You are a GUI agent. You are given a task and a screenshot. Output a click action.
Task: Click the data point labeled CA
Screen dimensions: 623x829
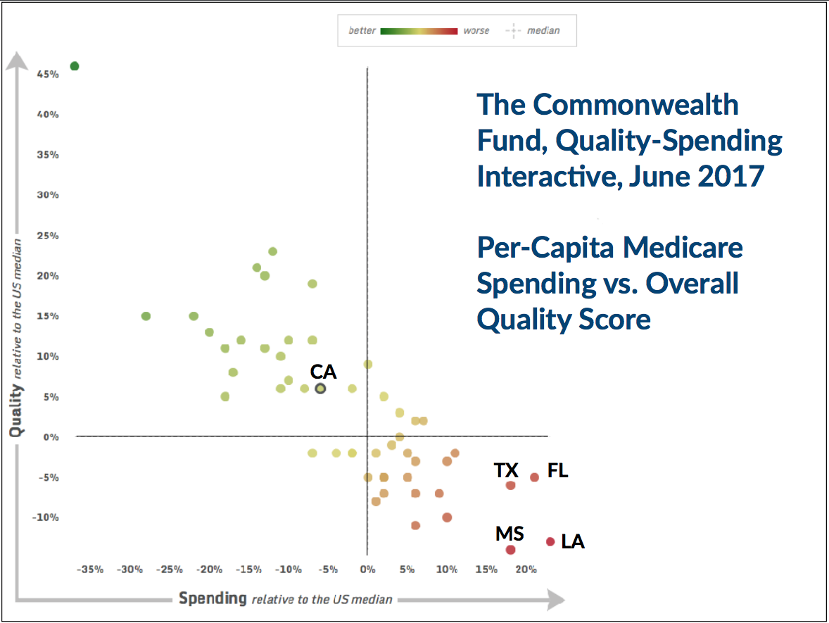(x=320, y=388)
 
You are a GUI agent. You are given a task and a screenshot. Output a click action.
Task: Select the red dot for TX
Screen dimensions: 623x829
(x=511, y=485)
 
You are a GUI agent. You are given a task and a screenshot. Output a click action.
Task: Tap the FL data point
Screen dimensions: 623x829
(x=535, y=477)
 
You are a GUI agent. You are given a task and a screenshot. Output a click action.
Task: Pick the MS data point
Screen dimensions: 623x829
(x=511, y=550)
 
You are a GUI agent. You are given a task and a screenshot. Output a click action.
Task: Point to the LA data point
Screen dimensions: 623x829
(x=550, y=541)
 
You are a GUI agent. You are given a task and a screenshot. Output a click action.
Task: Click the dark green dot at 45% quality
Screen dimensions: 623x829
(x=75, y=66)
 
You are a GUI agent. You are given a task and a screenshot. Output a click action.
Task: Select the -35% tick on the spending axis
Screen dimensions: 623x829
(x=90, y=569)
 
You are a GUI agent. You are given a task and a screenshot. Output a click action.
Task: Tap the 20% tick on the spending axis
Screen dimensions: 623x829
(x=526, y=569)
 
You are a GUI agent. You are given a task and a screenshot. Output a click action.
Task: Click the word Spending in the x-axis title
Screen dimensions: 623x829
(x=213, y=599)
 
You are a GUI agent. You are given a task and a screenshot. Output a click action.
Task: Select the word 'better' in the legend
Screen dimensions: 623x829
(x=362, y=31)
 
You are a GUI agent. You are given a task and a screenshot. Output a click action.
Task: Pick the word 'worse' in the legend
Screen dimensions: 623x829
(x=476, y=31)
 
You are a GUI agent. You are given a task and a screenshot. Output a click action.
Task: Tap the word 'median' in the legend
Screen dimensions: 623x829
(x=545, y=31)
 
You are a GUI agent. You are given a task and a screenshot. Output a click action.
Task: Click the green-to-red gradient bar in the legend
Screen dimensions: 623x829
(x=419, y=31)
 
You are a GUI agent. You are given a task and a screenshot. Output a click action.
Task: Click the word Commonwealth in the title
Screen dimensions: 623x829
(x=635, y=104)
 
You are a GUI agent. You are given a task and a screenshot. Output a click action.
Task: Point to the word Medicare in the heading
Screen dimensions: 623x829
(x=682, y=247)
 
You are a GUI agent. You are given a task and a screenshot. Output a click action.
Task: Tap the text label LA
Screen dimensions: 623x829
(x=573, y=542)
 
